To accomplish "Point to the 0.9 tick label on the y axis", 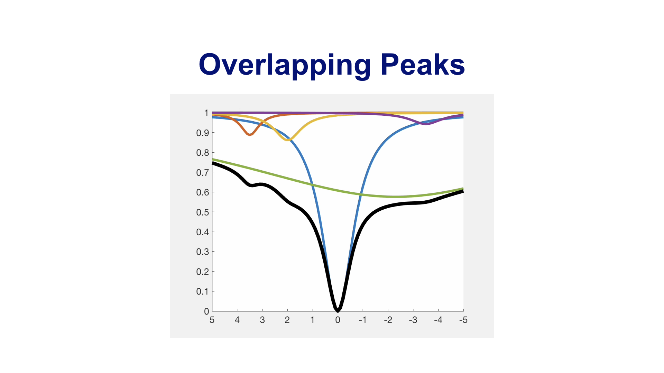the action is pyautogui.click(x=203, y=133).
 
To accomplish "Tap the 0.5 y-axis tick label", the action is pyautogui.click(x=203, y=212).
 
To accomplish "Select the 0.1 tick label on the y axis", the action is pyautogui.click(x=203, y=291).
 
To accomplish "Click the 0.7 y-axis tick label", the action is pyautogui.click(x=203, y=173).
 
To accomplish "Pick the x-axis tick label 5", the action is pyautogui.click(x=212, y=320).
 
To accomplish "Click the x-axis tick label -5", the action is pyautogui.click(x=463, y=320).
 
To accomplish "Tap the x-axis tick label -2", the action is pyautogui.click(x=388, y=320).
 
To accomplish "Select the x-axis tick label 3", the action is pyautogui.click(x=262, y=320).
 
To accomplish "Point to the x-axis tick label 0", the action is pyautogui.click(x=338, y=320).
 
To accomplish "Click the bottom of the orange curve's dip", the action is pyautogui.click(x=250, y=135).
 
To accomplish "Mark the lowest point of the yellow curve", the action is pyautogui.click(x=288, y=140).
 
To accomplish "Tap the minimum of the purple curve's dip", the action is pyautogui.click(x=426, y=124).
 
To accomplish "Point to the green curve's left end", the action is pyautogui.click(x=212, y=159).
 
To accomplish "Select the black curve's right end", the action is pyautogui.click(x=463, y=191).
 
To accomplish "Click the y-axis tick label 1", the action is pyautogui.click(x=206, y=113).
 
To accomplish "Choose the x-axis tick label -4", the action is pyautogui.click(x=438, y=320).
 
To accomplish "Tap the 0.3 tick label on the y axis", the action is pyautogui.click(x=203, y=252).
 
